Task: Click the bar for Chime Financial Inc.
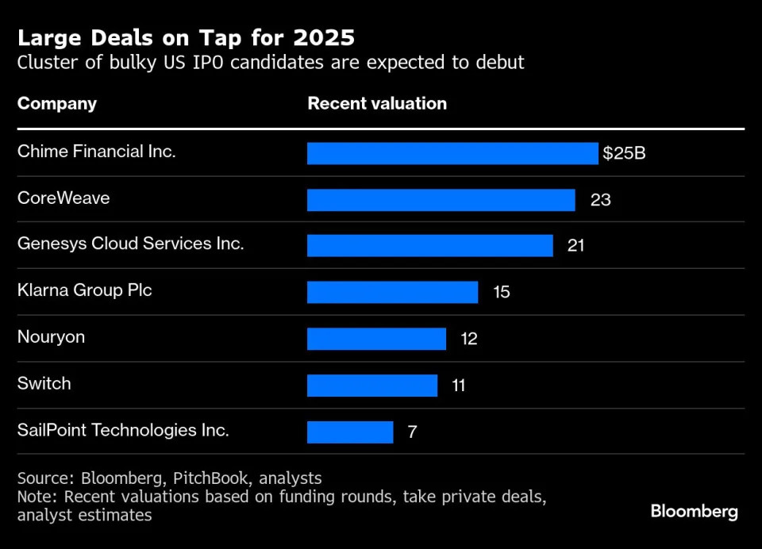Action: point(452,153)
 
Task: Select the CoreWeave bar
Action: point(441,200)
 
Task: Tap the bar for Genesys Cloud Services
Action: point(429,246)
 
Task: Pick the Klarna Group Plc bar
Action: point(392,292)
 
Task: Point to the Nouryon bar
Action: point(376,339)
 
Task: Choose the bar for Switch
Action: point(371,386)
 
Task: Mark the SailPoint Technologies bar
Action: point(350,432)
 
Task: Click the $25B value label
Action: point(624,153)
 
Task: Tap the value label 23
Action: point(600,200)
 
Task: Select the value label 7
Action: point(412,432)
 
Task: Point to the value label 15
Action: point(501,292)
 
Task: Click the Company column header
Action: point(57,104)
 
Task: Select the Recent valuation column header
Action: point(377,104)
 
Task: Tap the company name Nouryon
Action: point(51,337)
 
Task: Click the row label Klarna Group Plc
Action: point(84,290)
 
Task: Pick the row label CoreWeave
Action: point(63,198)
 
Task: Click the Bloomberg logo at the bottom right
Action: point(694,512)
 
